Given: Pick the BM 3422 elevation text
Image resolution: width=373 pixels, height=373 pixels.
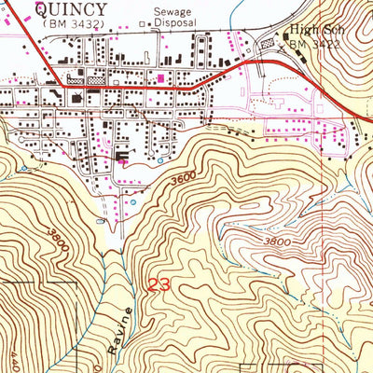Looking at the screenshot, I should click(311, 43).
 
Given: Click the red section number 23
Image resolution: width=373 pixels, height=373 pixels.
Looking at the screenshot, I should click(159, 286).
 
